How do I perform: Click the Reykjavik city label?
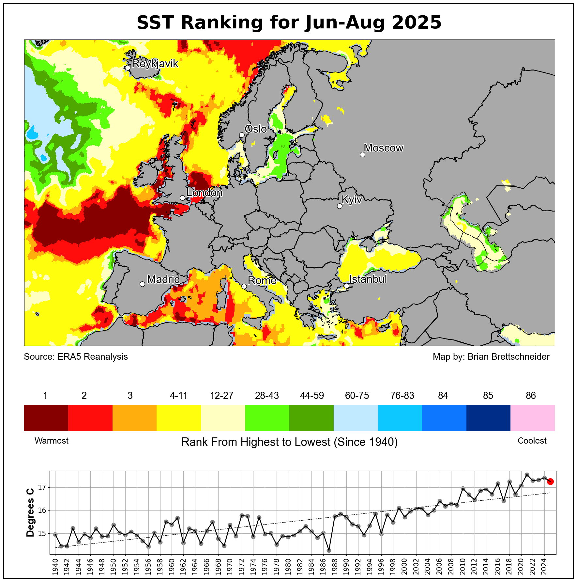click(155, 63)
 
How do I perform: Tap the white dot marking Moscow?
click(362, 154)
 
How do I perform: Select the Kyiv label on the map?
click(352, 199)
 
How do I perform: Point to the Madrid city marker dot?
click(142, 284)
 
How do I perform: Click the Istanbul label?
click(368, 279)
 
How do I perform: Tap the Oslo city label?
click(256, 129)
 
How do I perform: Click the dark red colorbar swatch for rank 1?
click(46, 418)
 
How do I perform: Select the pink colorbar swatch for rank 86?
click(532, 418)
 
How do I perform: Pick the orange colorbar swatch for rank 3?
click(134, 418)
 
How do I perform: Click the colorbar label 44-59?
click(312, 396)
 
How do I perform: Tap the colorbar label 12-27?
click(222, 396)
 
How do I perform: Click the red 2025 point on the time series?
click(550, 481)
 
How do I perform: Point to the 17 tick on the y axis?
click(42, 488)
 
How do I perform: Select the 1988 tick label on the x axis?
click(335, 567)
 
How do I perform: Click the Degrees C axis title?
click(30, 512)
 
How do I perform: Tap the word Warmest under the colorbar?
click(52, 441)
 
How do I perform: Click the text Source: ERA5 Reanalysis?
click(76, 357)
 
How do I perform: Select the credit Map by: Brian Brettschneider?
click(491, 357)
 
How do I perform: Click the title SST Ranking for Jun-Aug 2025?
click(289, 23)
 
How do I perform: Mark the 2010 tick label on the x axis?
click(463, 567)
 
